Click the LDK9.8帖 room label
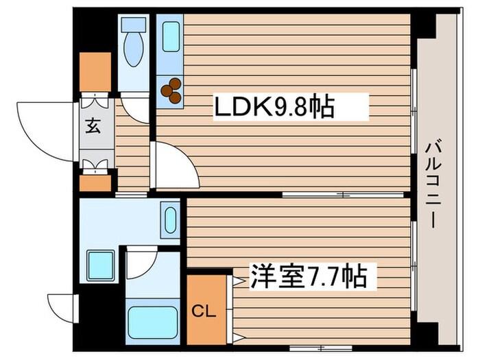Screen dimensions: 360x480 pos(274,108)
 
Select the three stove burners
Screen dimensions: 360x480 pos(171,91)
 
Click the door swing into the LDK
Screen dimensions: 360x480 pos(175,165)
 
